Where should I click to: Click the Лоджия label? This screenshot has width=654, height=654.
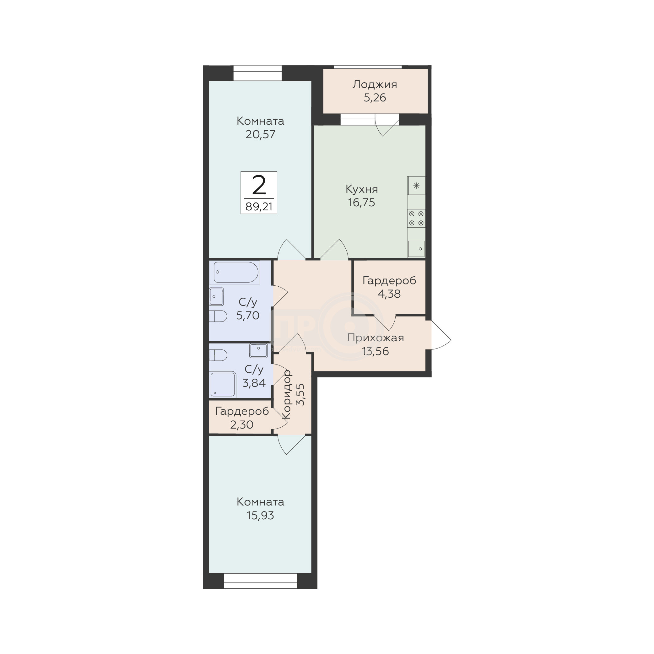(375, 84)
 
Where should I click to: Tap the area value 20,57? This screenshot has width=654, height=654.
(260, 134)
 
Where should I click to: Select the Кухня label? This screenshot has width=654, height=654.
(361, 189)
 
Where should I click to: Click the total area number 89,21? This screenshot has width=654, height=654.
(259, 207)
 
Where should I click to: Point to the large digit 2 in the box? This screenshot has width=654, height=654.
(259, 186)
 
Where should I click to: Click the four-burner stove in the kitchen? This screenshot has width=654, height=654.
(416, 218)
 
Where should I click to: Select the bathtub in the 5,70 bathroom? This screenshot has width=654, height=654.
(236, 272)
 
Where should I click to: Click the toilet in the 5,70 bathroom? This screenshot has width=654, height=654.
(218, 316)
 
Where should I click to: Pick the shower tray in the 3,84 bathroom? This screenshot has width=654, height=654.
(223, 384)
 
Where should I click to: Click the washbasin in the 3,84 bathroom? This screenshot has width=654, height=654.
(259, 350)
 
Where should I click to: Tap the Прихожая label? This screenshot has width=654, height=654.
(376, 338)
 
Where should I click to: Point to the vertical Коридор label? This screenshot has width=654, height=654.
(287, 394)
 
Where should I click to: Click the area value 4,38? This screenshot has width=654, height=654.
(389, 294)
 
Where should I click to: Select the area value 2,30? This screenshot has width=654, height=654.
(242, 424)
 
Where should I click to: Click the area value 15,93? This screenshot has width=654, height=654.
(260, 516)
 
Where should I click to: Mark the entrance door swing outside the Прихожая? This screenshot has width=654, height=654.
(441, 335)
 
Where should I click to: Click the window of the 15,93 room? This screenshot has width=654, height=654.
(260, 581)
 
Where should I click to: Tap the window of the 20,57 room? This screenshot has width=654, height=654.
(257, 73)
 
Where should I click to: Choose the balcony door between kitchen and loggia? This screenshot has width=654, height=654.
(387, 125)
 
